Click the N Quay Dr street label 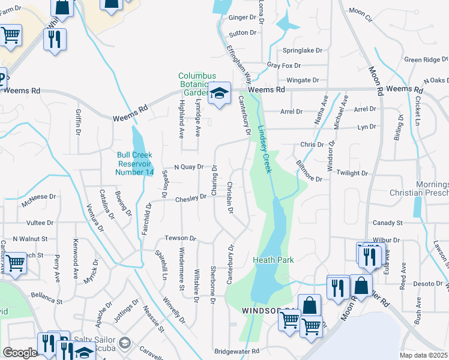(188, 167)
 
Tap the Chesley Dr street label (190, 200)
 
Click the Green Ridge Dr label (426, 59)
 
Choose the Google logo (19, 353)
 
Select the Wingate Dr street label (303, 80)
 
